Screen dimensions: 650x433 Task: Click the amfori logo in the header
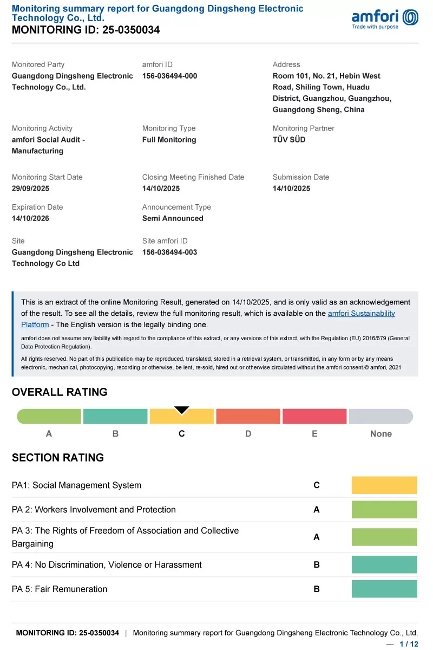[x=385, y=18]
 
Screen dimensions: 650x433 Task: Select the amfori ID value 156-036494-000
[x=169, y=76]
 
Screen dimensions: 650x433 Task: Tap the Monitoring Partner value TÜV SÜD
[x=289, y=140]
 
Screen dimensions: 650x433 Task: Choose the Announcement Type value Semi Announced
[x=173, y=218]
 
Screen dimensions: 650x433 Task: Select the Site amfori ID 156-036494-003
[x=169, y=252]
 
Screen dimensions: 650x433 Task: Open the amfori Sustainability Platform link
[x=361, y=314]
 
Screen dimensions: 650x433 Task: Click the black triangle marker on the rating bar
[x=182, y=410]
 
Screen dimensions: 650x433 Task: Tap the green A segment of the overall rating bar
[x=49, y=417]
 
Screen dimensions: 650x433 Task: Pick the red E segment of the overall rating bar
[x=314, y=417]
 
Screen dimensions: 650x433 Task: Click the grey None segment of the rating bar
[x=381, y=417]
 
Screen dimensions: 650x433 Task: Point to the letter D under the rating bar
[x=248, y=434]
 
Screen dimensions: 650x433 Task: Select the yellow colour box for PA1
[x=384, y=485]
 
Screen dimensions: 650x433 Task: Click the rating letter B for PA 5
[x=317, y=589]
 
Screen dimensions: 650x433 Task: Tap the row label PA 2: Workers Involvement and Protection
[x=94, y=510]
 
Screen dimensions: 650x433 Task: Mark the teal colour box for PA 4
[x=384, y=564]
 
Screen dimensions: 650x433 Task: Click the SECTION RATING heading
[x=58, y=458]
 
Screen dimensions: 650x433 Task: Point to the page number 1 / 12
[x=409, y=644]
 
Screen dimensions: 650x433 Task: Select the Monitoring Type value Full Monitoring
[x=169, y=140]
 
